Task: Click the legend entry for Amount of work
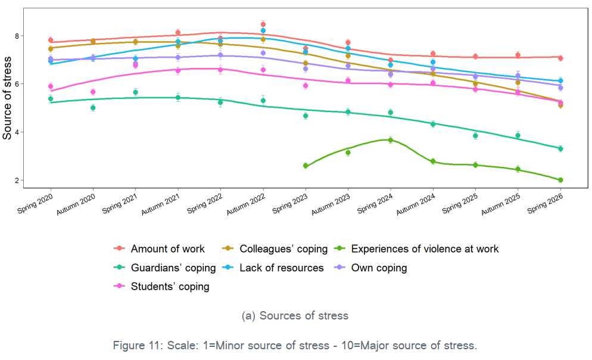click(x=159, y=249)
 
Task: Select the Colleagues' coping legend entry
click(x=275, y=249)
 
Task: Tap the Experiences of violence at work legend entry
click(x=416, y=249)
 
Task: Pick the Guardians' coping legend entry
click(x=164, y=268)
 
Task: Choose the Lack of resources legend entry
click(x=273, y=268)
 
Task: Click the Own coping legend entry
click(x=370, y=268)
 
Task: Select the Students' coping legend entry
click(x=161, y=286)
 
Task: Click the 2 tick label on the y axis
click(x=17, y=180)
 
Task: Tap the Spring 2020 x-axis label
click(x=35, y=204)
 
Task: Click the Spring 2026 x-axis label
click(x=545, y=204)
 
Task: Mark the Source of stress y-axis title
click(x=7, y=98)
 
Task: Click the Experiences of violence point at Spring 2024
click(x=390, y=140)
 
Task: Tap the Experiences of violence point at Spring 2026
click(x=560, y=180)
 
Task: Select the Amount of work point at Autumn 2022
click(x=263, y=24)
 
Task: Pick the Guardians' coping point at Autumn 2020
click(x=93, y=108)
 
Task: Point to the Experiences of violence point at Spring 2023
click(x=306, y=166)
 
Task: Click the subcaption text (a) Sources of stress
click(x=295, y=315)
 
